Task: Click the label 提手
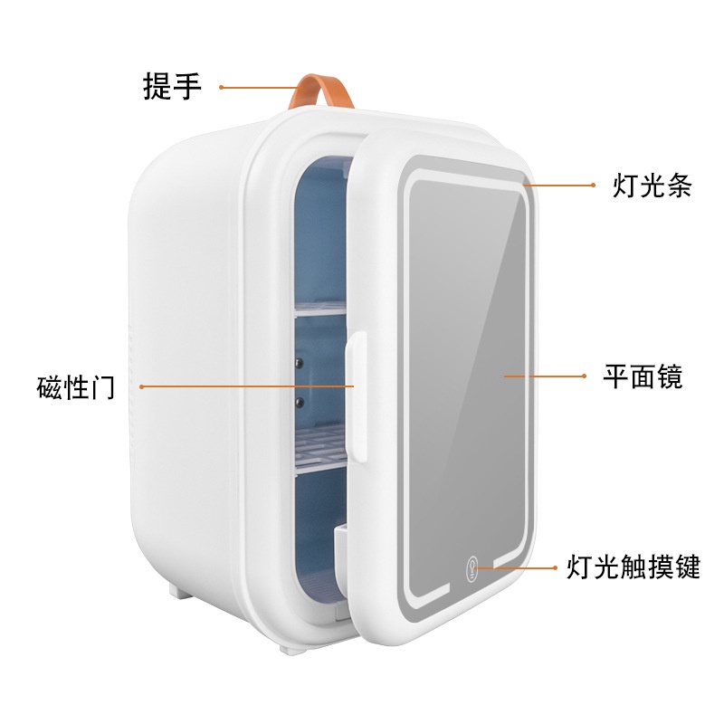172,87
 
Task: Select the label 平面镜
643,376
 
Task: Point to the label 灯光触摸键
633,567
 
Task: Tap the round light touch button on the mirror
472,567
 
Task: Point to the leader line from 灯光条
557,186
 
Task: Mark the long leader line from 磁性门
244,386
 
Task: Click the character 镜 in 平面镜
669,376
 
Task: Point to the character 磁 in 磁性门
47,387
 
